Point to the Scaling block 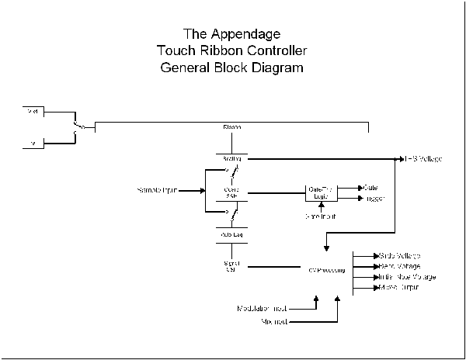pos(231,158)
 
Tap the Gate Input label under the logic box pos(320,216)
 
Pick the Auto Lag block pos(231,233)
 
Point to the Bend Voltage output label pos(399,265)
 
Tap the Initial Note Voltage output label pos(407,276)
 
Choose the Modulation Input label pos(263,309)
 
